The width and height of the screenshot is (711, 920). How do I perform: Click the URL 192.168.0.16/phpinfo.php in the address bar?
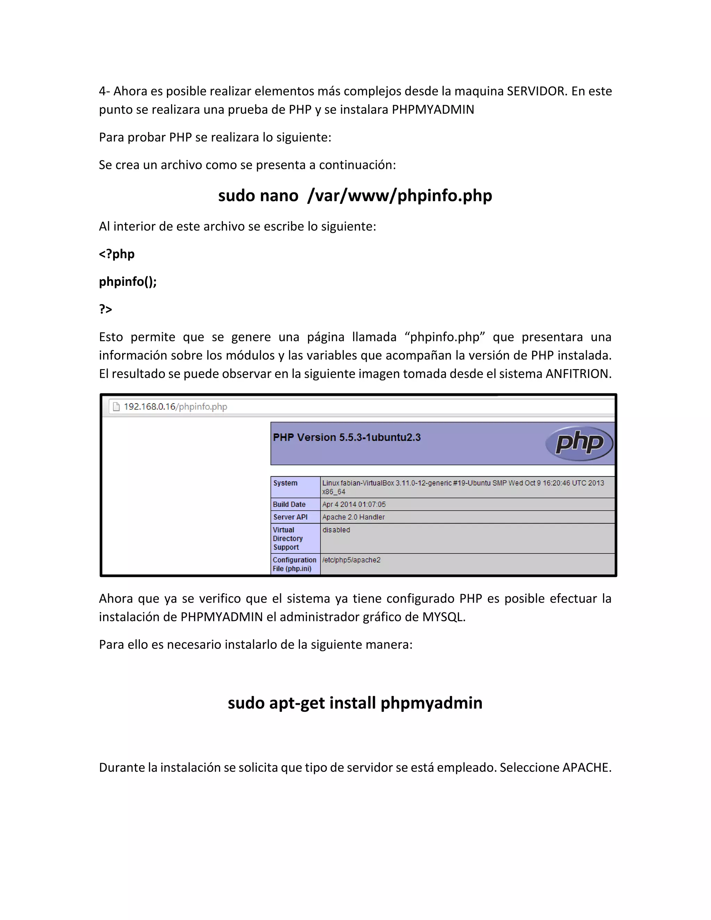[175, 407]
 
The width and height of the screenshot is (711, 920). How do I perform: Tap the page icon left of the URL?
[116, 407]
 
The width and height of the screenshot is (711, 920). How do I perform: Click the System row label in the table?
[285, 483]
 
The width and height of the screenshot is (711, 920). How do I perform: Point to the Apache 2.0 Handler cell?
[353, 517]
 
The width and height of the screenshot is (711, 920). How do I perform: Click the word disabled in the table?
[336, 530]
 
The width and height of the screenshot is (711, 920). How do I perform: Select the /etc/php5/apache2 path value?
[351, 560]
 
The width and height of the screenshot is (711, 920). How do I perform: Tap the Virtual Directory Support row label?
[288, 538]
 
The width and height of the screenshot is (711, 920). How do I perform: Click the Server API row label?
[290, 517]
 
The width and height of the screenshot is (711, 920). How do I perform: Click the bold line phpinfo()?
[128, 282]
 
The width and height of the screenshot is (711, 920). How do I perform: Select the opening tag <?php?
[117, 254]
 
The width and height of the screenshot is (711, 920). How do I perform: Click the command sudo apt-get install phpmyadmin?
[355, 703]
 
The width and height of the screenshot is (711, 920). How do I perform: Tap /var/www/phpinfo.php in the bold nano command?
[399, 195]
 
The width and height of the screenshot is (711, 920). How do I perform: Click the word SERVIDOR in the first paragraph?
[537, 91]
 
